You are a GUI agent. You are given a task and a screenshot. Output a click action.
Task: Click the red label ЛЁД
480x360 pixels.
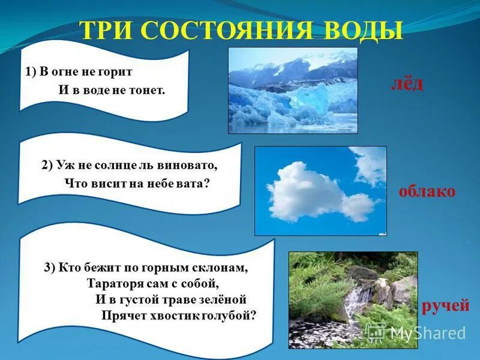[x=404, y=84]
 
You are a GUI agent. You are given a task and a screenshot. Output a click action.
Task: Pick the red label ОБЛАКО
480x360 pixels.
[x=427, y=191]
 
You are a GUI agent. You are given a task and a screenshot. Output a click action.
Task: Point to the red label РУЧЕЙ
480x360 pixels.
[x=445, y=306]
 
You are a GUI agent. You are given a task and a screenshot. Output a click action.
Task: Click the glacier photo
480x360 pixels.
[x=292, y=90]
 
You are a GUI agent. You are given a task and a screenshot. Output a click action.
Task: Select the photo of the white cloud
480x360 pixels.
[x=320, y=190]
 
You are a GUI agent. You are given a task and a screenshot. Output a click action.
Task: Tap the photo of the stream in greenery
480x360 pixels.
[x=353, y=299]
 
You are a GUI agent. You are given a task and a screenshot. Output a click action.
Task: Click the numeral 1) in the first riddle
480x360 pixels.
[x=31, y=71]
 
